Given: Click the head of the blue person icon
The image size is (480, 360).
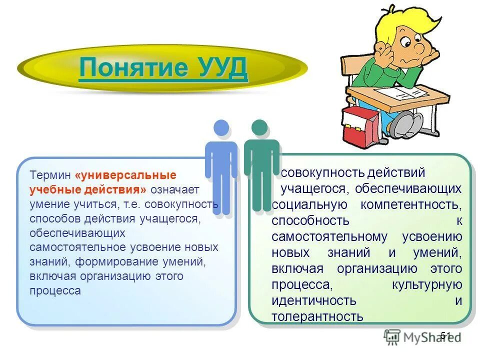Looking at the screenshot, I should tap(221, 128).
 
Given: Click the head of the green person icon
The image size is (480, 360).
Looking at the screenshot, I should tap(259, 127).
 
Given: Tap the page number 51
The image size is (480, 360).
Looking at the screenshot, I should tap(446, 335).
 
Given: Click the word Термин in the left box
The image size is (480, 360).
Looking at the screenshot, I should tap(50, 176).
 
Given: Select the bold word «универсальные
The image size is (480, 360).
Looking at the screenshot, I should tap(125, 176).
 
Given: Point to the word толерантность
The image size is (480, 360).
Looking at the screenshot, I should tap(317, 316).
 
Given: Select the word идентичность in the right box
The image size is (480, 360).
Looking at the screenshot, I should tap(314, 300).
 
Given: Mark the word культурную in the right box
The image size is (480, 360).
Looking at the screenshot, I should tap(427, 284).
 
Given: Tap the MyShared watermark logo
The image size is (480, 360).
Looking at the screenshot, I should tap(422, 337).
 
